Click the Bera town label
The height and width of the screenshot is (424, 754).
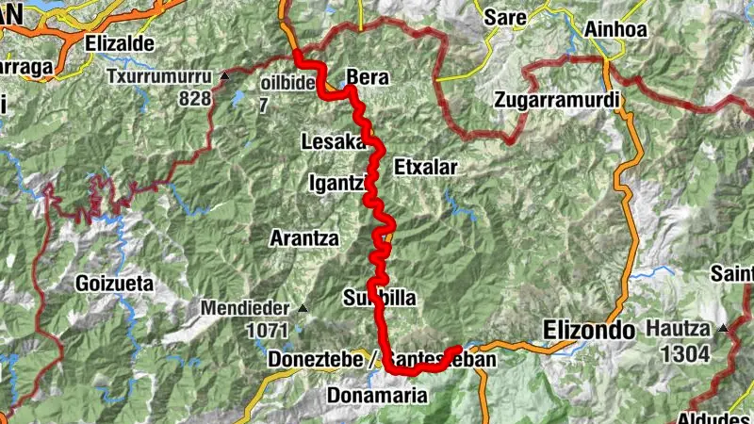click(368, 77)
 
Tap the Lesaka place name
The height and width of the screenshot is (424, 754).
click(332, 142)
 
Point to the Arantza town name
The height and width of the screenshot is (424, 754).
click(303, 237)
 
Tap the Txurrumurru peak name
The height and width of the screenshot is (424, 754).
click(160, 76)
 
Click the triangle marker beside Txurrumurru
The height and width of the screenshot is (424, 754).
click(225, 75)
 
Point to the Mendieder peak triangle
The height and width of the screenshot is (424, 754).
click(303, 308)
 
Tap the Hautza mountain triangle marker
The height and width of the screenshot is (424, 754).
click(723, 328)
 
